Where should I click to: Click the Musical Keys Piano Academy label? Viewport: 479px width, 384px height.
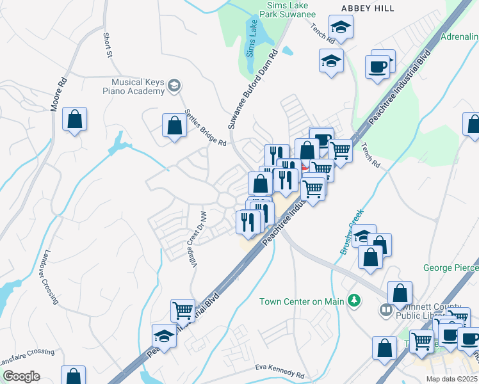coord(138,86)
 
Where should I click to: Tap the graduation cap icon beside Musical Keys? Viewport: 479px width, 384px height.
coord(174,86)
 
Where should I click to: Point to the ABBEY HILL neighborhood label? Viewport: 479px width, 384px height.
coord(368,8)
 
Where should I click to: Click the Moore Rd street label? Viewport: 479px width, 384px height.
coord(59,95)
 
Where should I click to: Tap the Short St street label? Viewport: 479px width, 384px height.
coord(107,45)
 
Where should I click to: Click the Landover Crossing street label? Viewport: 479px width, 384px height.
coord(50,276)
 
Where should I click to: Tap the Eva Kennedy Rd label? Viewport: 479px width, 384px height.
coord(279,371)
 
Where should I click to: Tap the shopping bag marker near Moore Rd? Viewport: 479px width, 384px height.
coord(74,119)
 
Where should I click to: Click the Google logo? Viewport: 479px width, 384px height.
coord(21,376)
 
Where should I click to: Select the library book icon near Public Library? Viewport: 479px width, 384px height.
coord(386,310)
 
